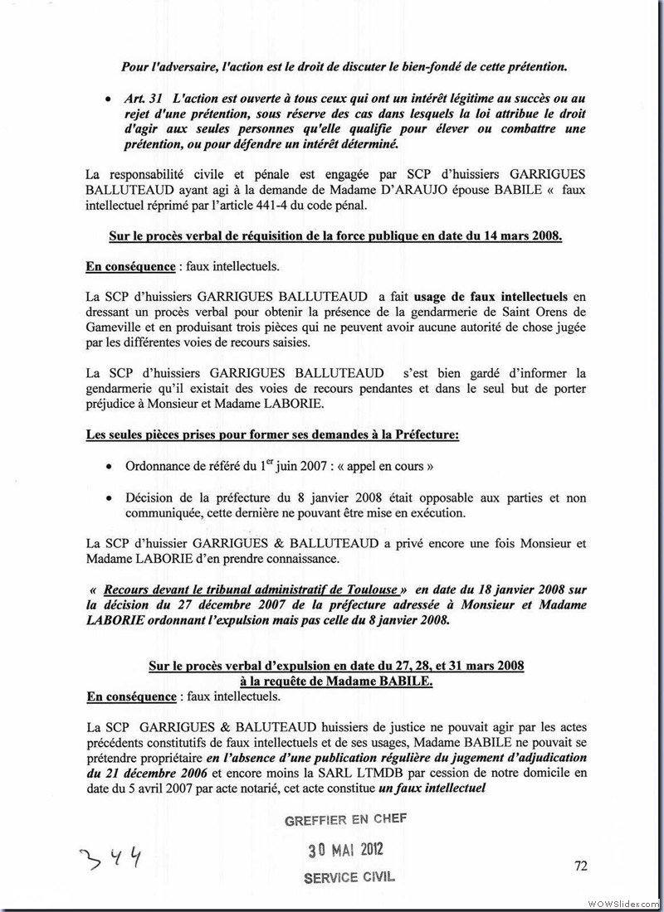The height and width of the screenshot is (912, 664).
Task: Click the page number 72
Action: (x=580, y=866)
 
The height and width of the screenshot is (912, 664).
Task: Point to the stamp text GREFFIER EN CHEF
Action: (x=345, y=820)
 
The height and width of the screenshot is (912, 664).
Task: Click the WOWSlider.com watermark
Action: (x=622, y=902)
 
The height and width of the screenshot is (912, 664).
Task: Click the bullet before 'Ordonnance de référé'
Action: (x=109, y=467)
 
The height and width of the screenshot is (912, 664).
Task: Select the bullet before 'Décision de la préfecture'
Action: (x=109, y=498)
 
